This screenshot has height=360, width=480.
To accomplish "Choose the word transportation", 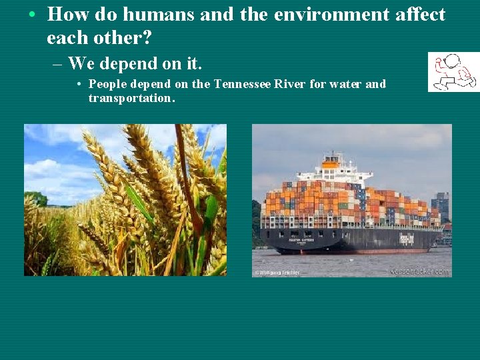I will click(131, 98).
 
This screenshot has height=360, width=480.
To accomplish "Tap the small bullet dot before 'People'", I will click(79, 85).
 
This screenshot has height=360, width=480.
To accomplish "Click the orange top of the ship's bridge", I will click(330, 162).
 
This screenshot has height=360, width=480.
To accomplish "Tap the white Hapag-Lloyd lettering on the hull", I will click(406, 238).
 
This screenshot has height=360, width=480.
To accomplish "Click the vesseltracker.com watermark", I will click(421, 271).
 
